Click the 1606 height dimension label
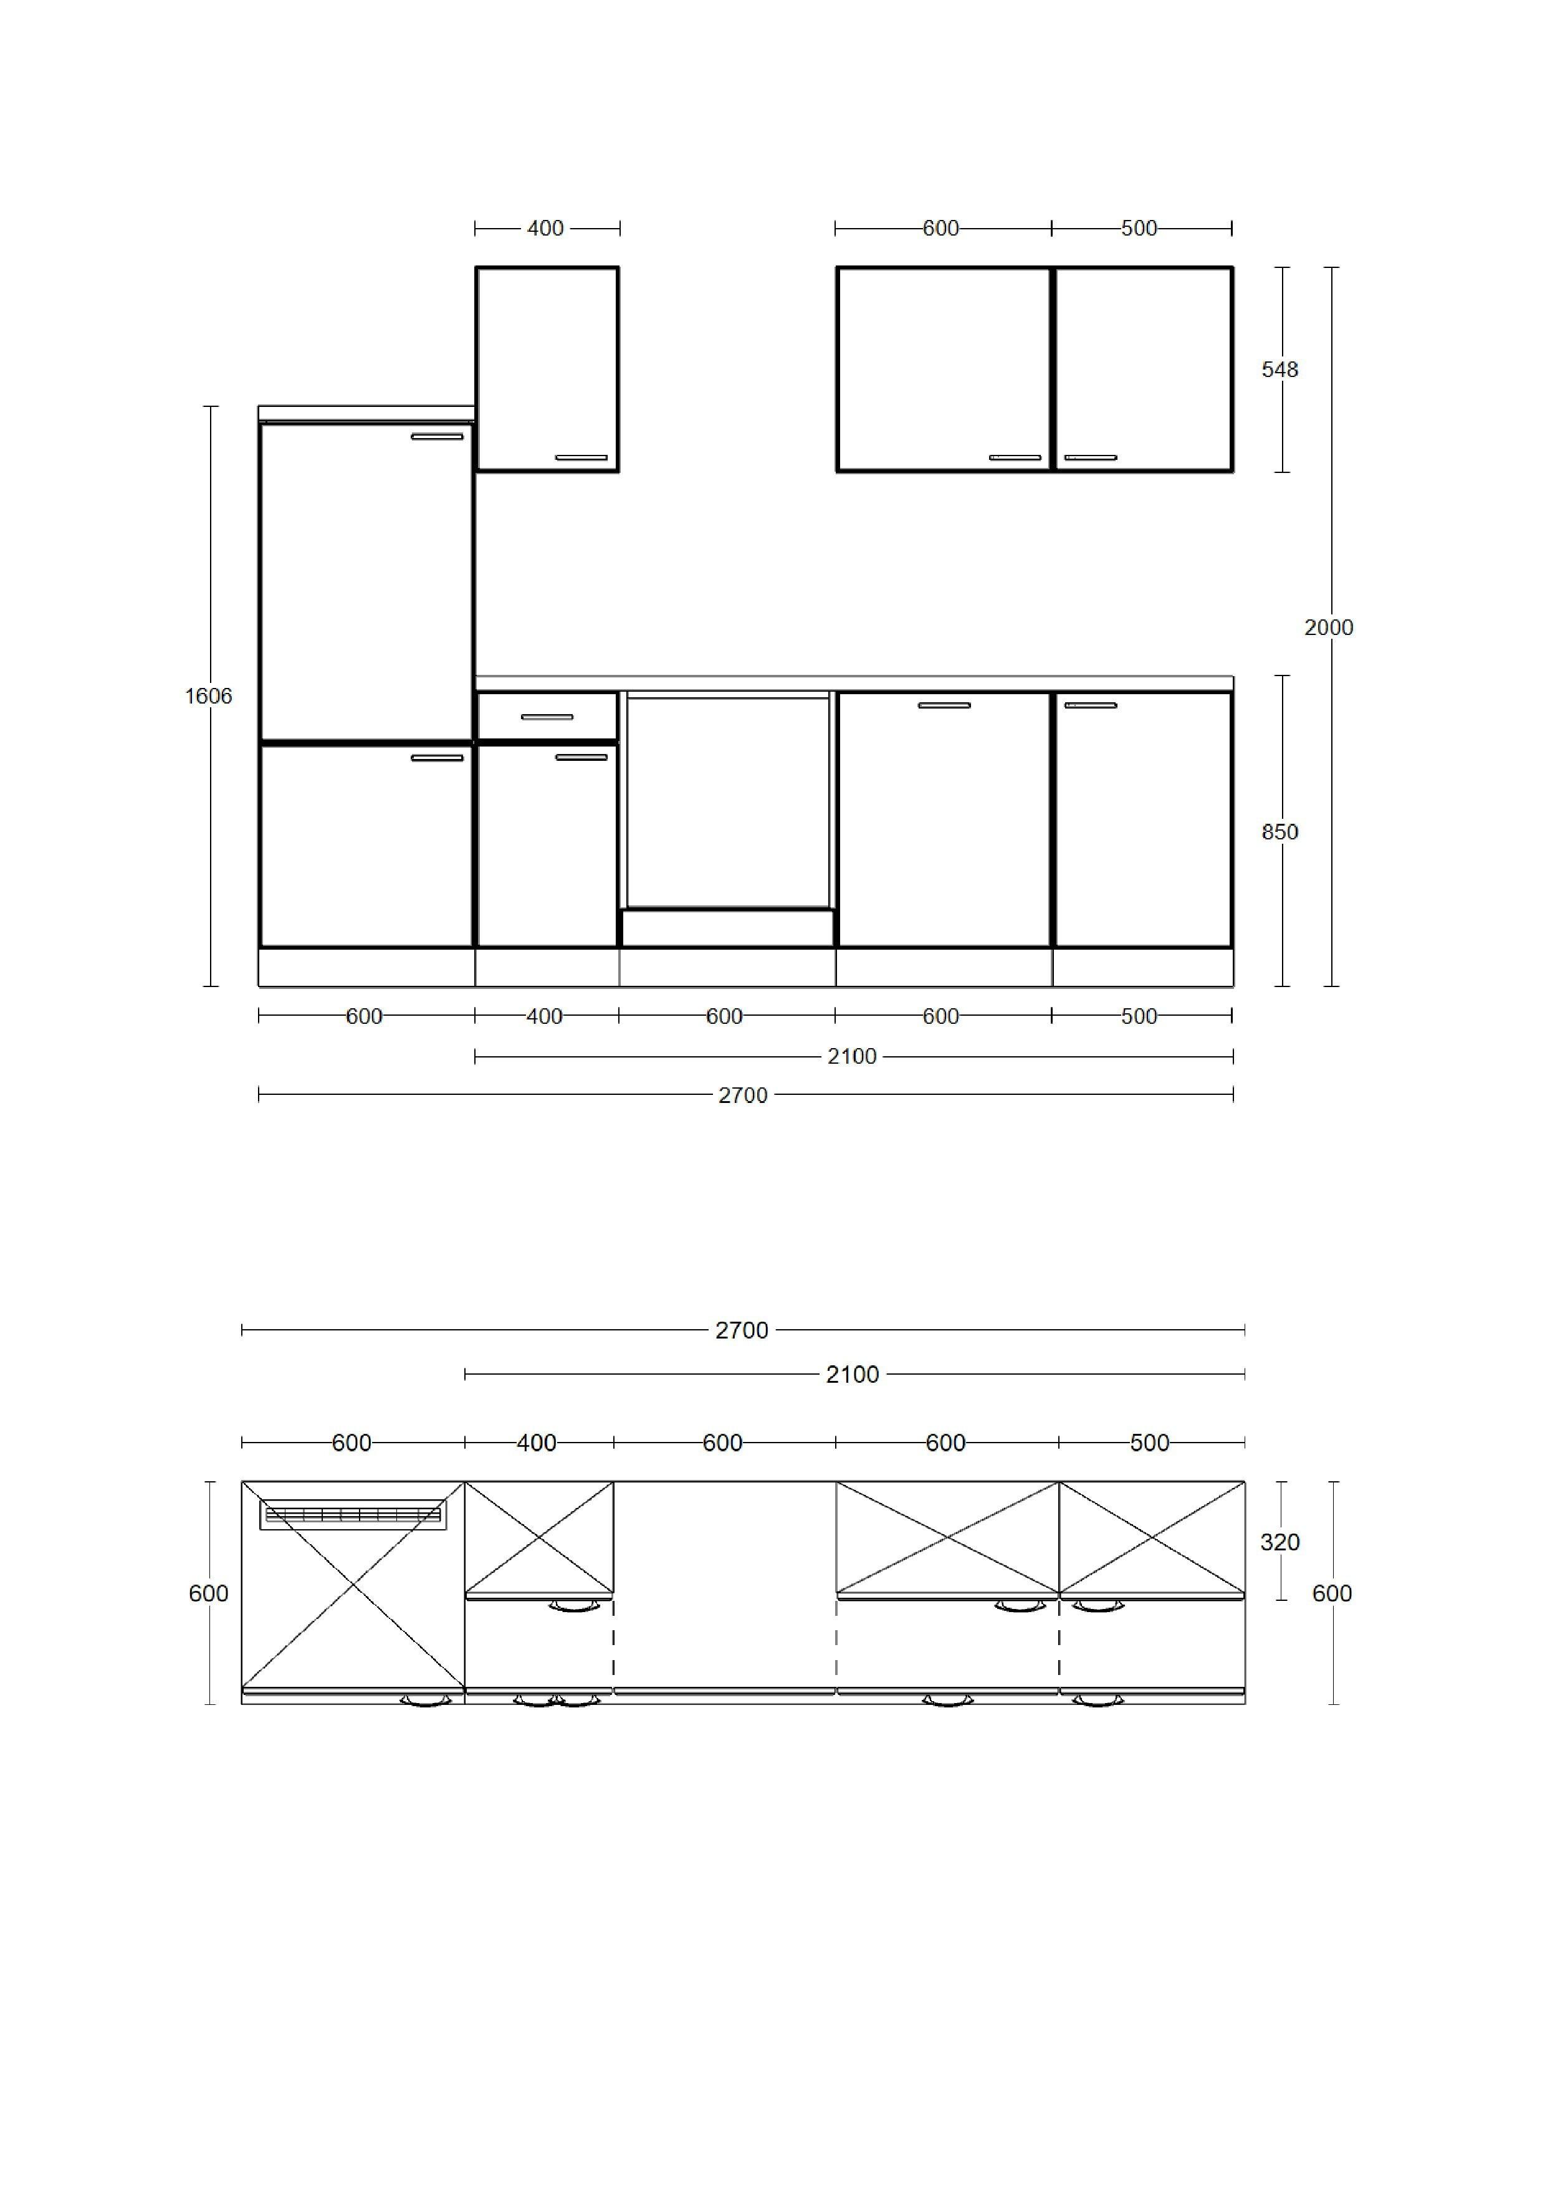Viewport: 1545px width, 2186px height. coord(209,696)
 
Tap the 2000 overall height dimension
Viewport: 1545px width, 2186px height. coord(1329,628)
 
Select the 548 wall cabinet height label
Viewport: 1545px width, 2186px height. coord(1280,370)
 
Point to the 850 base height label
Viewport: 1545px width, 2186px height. coord(1280,832)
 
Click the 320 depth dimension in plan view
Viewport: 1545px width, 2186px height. coord(1280,1542)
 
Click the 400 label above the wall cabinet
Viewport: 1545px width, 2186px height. coord(545,229)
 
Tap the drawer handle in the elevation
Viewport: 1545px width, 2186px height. coord(547,717)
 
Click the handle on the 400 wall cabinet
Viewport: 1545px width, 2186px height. coord(581,458)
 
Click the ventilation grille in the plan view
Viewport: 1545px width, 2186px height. coord(353,1515)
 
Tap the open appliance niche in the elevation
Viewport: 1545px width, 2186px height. coord(727,801)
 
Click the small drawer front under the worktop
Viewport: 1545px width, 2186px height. coord(547,717)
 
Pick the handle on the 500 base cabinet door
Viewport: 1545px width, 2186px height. coord(1091,705)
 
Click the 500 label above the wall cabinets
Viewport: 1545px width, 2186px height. coord(1139,229)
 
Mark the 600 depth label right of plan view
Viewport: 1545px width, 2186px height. coord(1332,1594)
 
